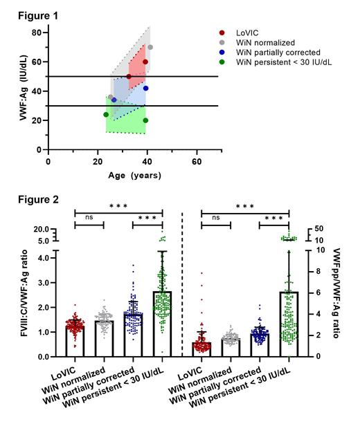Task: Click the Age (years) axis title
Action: (x=134, y=175)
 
